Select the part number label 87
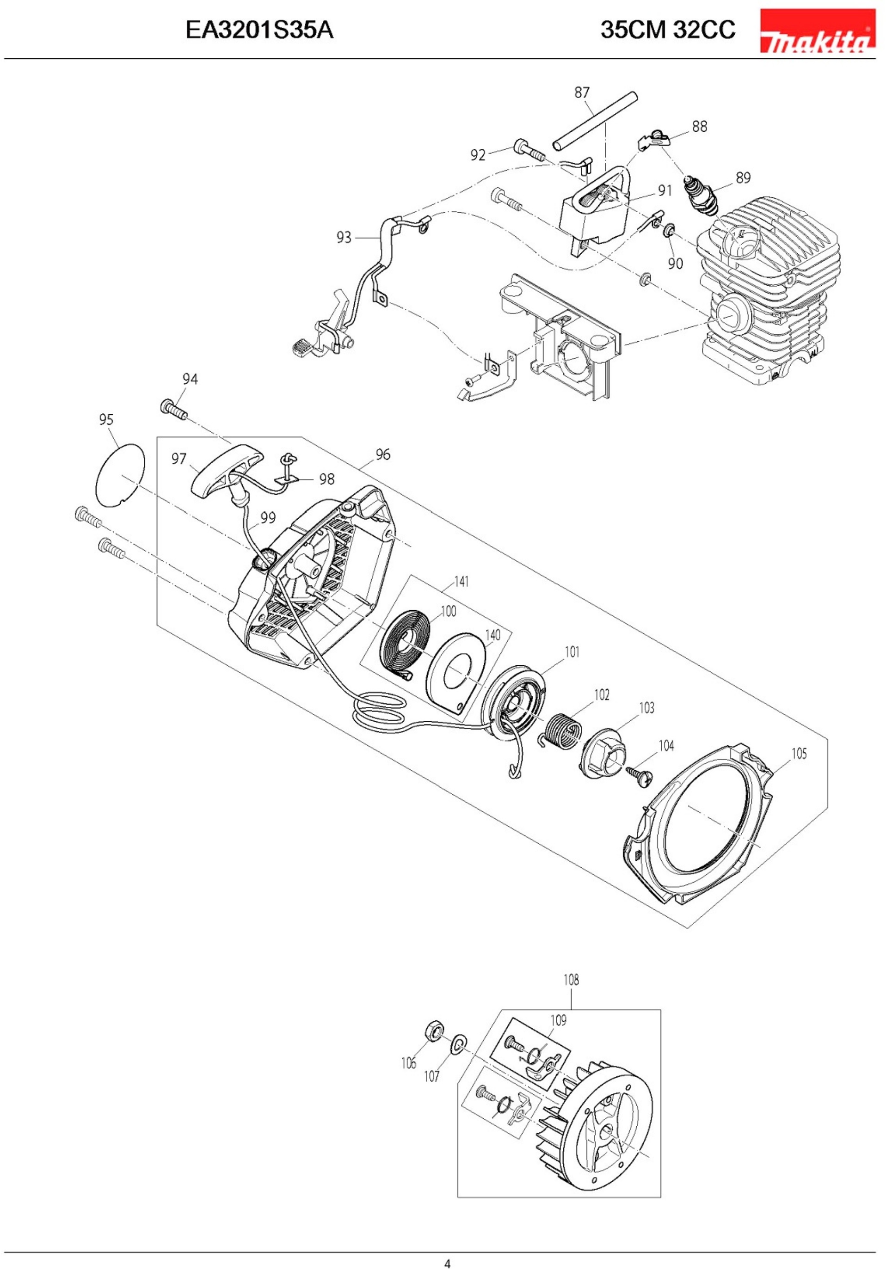[582, 92]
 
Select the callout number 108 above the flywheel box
[571, 980]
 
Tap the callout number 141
[461, 581]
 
